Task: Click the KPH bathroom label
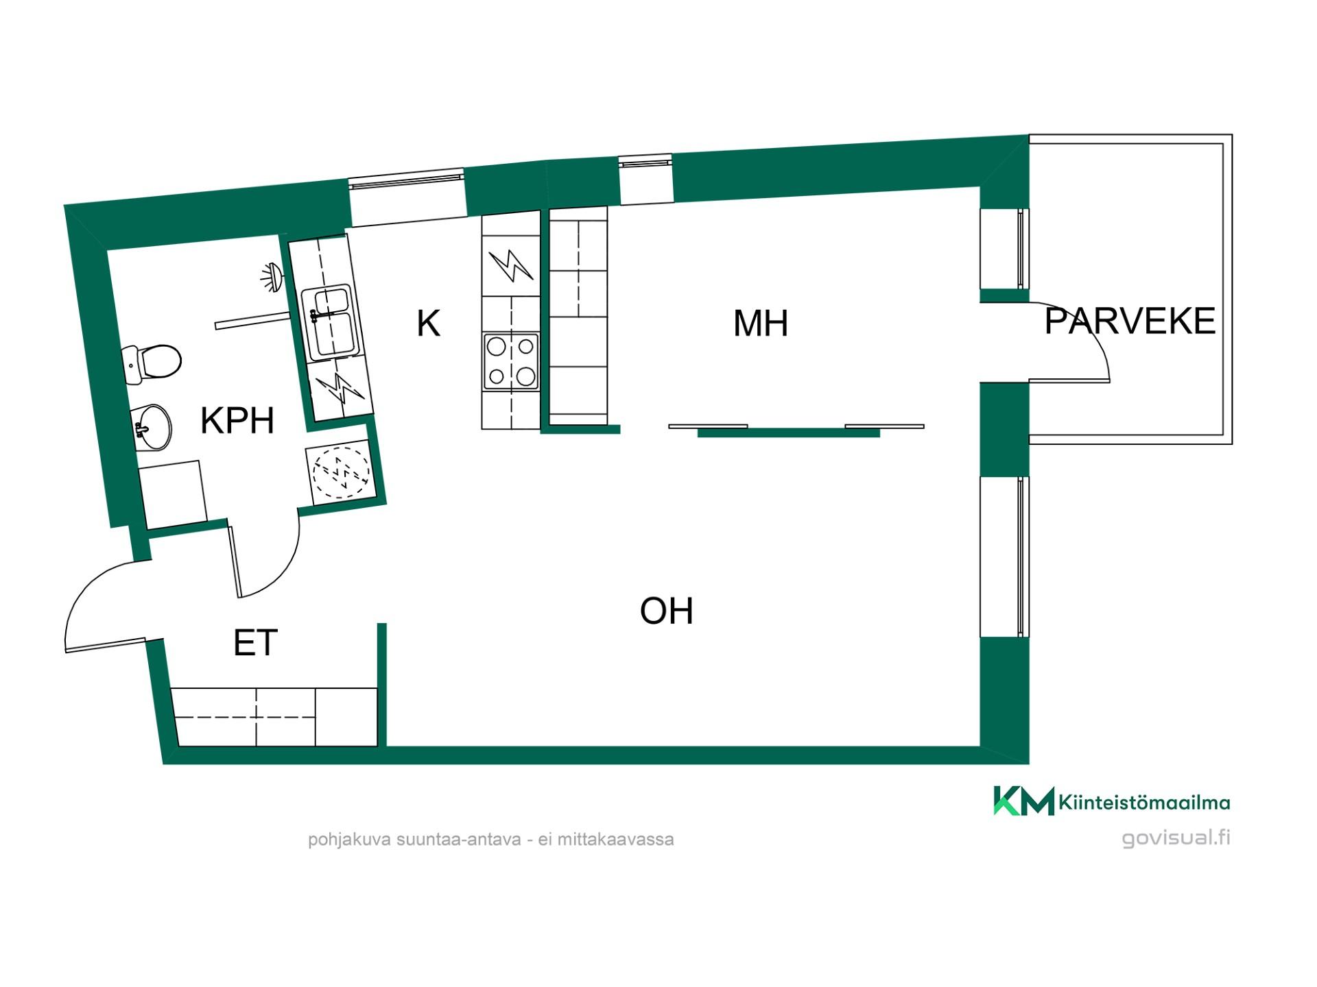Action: point(237,420)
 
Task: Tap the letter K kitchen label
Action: point(428,323)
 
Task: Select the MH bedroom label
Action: point(761,324)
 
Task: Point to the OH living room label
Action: point(666,611)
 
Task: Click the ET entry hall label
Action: point(255,643)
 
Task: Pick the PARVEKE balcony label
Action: point(1130,321)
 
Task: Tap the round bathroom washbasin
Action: point(150,427)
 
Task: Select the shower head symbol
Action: point(271,277)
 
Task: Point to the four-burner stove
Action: point(511,361)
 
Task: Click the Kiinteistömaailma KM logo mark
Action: point(1023,801)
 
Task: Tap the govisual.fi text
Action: point(1176,838)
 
